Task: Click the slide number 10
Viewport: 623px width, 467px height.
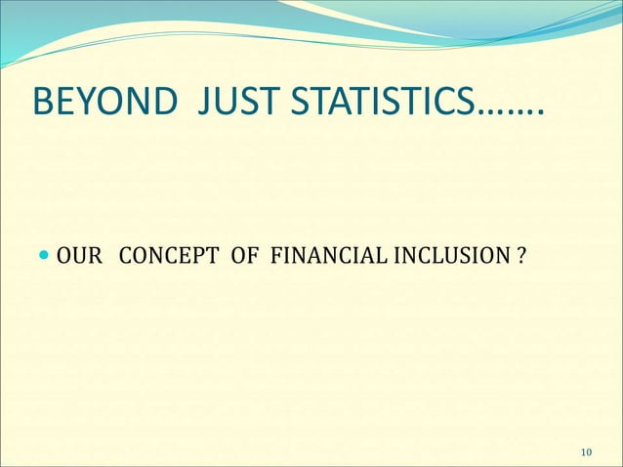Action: coord(586,450)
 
